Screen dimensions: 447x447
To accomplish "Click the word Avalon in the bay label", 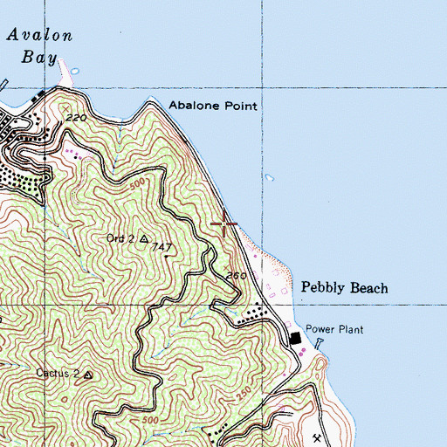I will [38, 35].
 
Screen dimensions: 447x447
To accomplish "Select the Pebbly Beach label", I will [344, 287].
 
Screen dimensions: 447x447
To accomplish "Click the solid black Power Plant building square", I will [294, 338].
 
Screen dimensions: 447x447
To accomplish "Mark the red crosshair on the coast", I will [224, 224].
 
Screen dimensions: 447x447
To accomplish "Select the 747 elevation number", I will [159, 248].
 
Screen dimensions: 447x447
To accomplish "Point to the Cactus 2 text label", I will [58, 374].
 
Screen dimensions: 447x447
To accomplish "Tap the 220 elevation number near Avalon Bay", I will [72, 117].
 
